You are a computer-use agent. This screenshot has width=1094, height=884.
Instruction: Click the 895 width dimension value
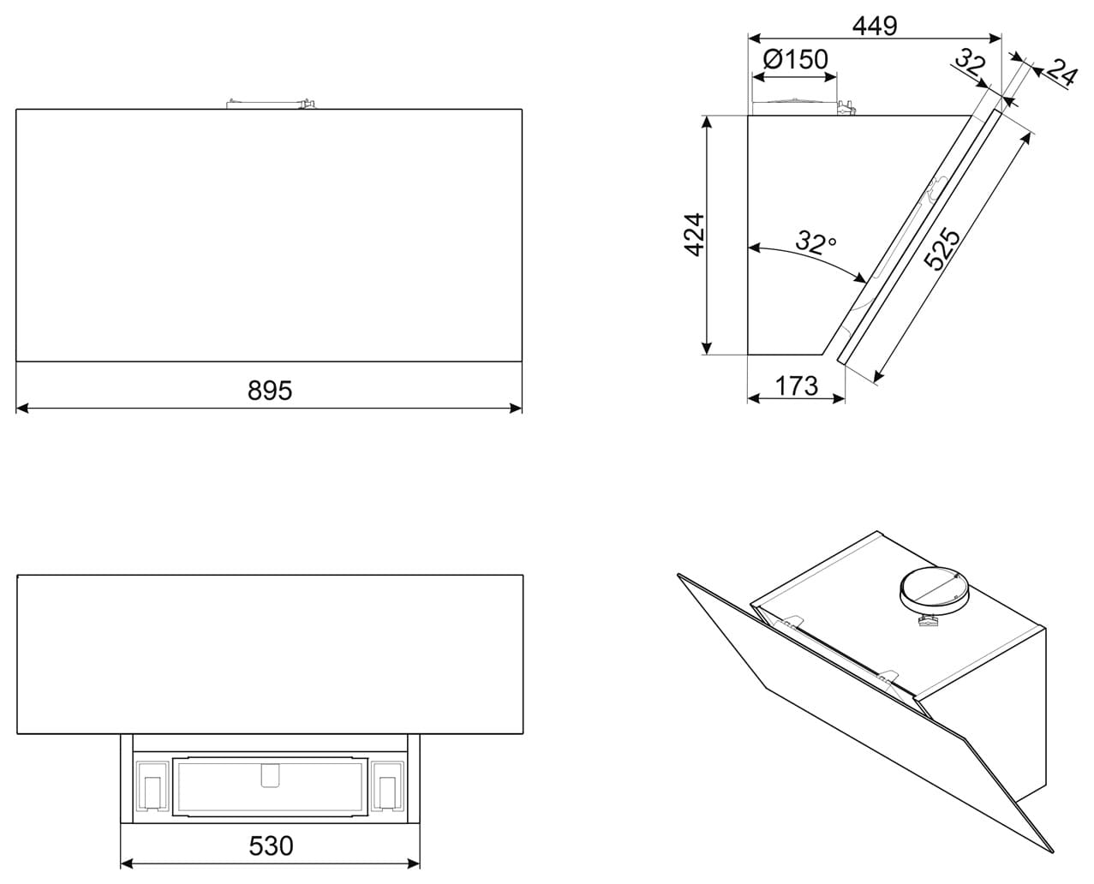pos(270,391)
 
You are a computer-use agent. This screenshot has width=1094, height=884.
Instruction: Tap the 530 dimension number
pos(271,846)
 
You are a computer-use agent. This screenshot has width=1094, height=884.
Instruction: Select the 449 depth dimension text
pos(875,27)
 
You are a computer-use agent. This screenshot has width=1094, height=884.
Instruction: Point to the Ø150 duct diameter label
pos(794,59)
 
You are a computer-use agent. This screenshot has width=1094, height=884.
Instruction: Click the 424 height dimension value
pos(694,234)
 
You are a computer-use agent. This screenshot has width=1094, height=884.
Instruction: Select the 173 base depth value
pos(797,386)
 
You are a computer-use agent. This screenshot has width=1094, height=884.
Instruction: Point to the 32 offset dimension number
pos(971,63)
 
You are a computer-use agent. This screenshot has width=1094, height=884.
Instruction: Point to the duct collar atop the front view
pos(268,104)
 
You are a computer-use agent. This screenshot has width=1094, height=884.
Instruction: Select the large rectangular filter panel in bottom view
pos(271,784)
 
